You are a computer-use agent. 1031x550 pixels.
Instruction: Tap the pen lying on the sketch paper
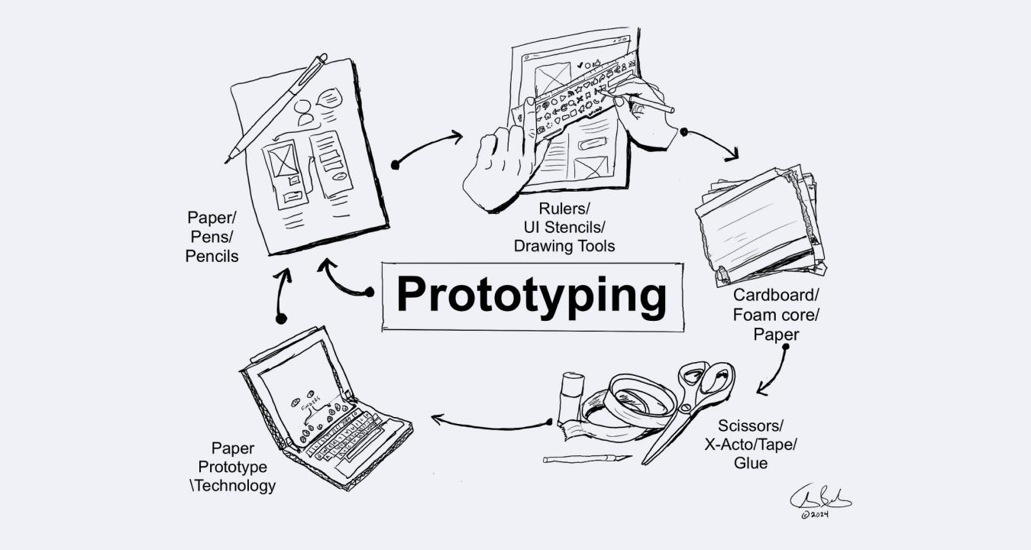click(x=276, y=107)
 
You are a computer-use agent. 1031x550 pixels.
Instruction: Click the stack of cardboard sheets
click(x=760, y=225)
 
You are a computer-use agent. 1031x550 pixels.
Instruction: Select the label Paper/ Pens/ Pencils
click(x=212, y=238)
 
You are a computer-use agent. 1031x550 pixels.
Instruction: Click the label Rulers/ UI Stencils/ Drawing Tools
click(x=564, y=227)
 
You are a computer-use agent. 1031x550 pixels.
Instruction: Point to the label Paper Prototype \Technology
click(x=232, y=467)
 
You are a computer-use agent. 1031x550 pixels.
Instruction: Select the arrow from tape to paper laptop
click(x=489, y=423)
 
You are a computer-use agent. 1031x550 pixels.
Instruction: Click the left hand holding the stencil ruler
click(x=500, y=168)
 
